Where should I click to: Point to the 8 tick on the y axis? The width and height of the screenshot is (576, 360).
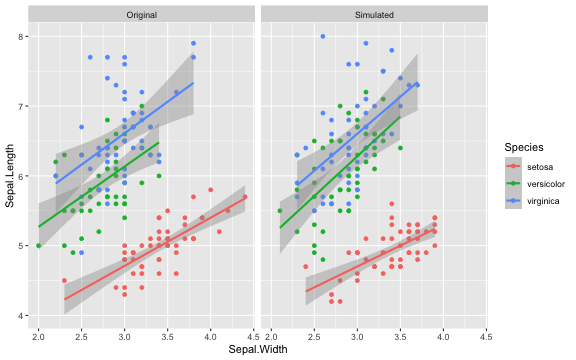(x=21, y=36)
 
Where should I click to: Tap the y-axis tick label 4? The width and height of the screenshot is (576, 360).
(x=21, y=316)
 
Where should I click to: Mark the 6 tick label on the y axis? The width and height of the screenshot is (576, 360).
(x=21, y=176)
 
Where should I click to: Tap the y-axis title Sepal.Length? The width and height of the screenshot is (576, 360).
(x=9, y=176)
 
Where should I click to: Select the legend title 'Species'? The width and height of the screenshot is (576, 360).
(x=523, y=147)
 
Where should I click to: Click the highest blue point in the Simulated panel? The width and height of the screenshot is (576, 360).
(x=323, y=36)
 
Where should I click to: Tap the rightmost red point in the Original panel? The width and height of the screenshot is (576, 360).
(x=244, y=197)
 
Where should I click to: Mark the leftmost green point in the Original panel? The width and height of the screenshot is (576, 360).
(x=38, y=246)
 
